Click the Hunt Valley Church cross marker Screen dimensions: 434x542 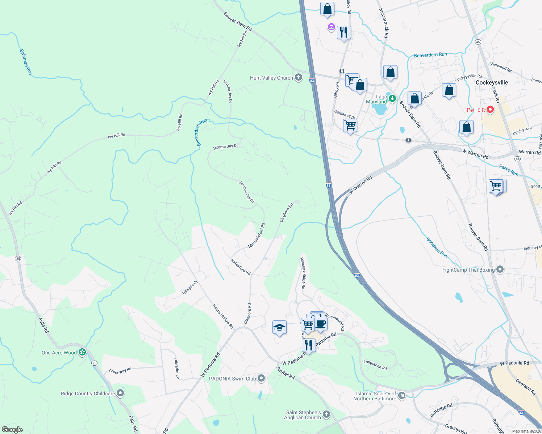[x=298, y=77]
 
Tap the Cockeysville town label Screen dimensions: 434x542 [x=492, y=82]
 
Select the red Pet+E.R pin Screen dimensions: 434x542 [x=490, y=109]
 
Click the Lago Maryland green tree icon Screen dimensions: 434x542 [x=392, y=98]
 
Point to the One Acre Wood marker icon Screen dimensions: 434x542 [x=83, y=352]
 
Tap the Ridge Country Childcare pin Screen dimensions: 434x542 [x=120, y=393]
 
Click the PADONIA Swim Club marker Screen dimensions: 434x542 [x=261, y=379]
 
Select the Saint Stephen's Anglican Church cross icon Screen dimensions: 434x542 [x=326, y=414]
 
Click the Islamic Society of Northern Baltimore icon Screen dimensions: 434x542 [x=401, y=396]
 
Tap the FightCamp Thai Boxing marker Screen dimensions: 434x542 [x=500, y=269]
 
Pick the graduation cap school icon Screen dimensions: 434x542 [x=279, y=328]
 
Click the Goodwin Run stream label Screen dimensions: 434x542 [x=437, y=247]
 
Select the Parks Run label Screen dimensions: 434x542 [x=509, y=170]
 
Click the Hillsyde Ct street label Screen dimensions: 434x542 [x=190, y=288]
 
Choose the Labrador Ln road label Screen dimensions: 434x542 [x=177, y=368]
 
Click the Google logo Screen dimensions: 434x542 [x=12, y=429]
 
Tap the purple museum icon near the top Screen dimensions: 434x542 [x=331, y=27]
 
